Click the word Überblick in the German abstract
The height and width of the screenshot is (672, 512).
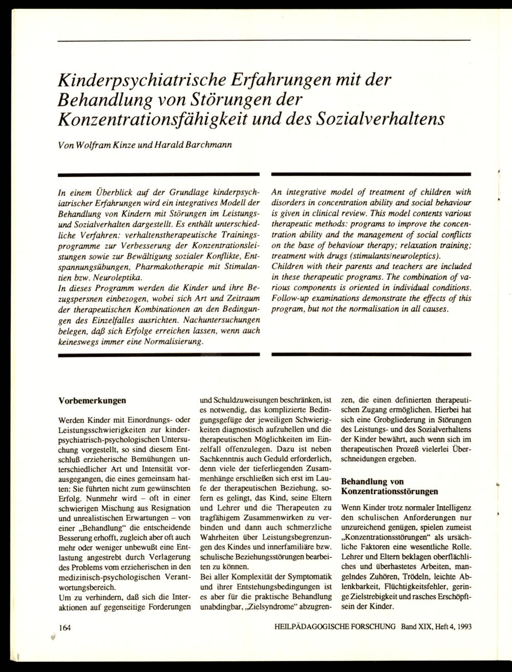point(111,193)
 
